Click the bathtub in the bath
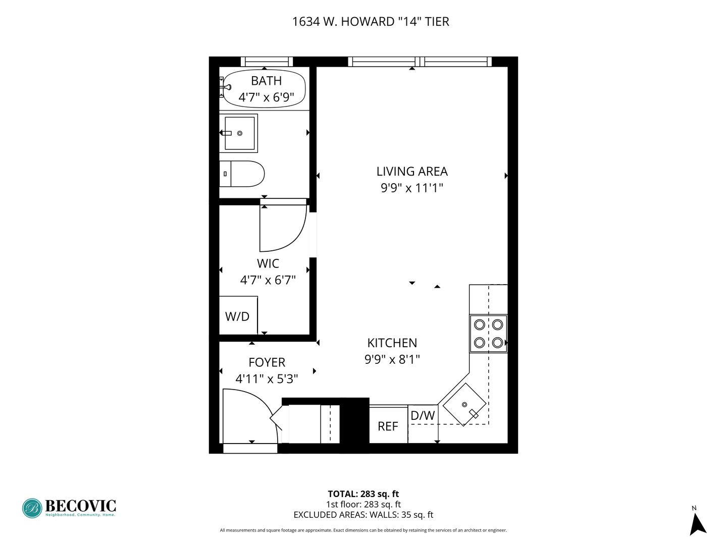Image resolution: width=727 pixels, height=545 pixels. [264, 88]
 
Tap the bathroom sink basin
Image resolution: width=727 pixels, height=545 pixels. [239, 133]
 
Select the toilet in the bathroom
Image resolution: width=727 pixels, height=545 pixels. [242, 174]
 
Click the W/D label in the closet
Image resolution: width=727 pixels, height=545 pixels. [237, 317]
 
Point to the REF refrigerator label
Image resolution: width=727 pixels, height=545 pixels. [388, 426]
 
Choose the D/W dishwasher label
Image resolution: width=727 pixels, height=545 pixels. [423, 416]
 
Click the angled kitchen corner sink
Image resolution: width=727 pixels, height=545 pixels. [464, 404]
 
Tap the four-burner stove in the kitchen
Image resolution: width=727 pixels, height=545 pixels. [488, 334]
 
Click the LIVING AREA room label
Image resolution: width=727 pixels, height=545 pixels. [412, 172]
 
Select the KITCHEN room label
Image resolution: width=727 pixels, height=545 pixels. [392, 343]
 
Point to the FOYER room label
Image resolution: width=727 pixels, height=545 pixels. [267, 362]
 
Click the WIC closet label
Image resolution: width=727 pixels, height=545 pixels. [268, 263]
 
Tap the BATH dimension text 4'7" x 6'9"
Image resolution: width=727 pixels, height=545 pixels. [266, 97]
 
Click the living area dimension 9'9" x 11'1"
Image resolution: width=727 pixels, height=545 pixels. [412, 188]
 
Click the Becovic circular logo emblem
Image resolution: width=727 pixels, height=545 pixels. [32, 508]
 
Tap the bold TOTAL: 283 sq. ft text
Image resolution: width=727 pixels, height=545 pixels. [363, 494]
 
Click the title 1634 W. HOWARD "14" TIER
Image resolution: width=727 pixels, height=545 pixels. [371, 22]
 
